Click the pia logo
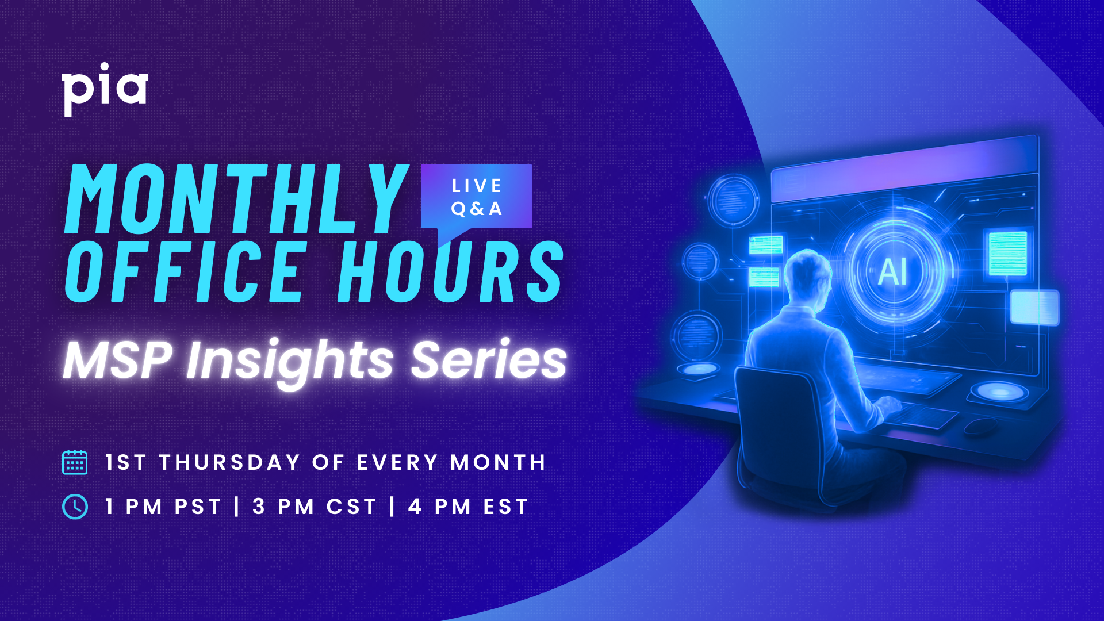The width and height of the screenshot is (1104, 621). tap(105, 89)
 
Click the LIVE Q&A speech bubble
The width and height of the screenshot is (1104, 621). tap(476, 197)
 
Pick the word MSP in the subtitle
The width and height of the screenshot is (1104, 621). tap(118, 361)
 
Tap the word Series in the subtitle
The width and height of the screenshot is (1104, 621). tap(489, 361)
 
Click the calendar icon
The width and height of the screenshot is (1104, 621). tap(75, 462)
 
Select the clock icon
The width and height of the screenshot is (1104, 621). tap(75, 507)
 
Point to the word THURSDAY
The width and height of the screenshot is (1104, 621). tap(230, 462)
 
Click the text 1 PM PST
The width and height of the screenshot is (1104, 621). tap(163, 507)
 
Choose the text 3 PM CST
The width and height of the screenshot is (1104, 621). tap(315, 507)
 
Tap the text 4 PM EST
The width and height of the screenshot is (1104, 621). tap(469, 507)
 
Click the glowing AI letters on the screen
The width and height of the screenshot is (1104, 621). tap(893, 272)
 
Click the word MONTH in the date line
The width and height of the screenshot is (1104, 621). tap(498, 462)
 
